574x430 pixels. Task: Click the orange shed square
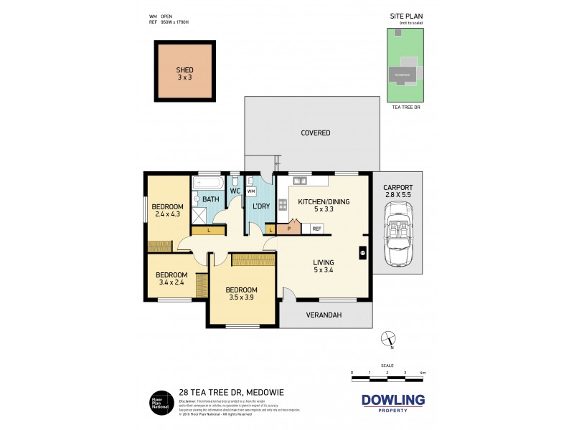click(x=185, y=71)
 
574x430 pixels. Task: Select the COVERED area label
click(x=315, y=133)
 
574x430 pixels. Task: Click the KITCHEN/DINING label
click(x=324, y=202)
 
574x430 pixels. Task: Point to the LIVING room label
click(x=323, y=262)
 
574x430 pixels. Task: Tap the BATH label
click(x=210, y=199)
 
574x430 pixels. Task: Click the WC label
click(x=235, y=191)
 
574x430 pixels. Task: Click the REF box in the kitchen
click(x=316, y=229)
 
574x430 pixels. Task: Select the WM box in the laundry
click(x=251, y=191)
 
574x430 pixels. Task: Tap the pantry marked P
click(x=289, y=229)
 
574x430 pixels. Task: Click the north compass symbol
click(x=388, y=338)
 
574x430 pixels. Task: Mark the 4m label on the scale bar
click(x=422, y=373)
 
